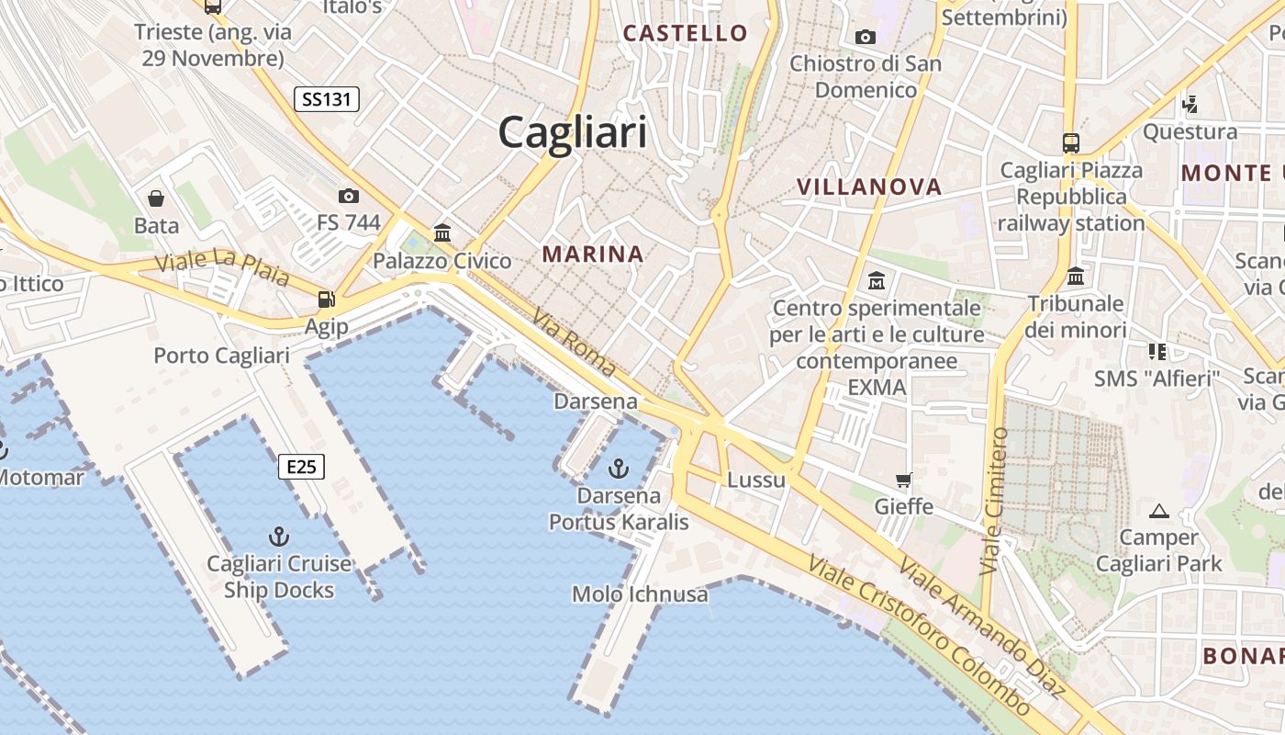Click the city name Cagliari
(x=573, y=132)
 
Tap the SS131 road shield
(x=327, y=99)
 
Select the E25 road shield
(x=301, y=467)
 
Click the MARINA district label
(x=593, y=254)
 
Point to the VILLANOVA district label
(x=869, y=187)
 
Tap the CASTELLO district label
(x=686, y=33)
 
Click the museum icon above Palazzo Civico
(x=442, y=232)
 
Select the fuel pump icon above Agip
(x=326, y=299)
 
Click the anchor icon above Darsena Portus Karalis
(x=620, y=469)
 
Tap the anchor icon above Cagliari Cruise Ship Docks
(x=278, y=536)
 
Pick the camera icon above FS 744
(x=349, y=196)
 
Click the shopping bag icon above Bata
(x=156, y=198)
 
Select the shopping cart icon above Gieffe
(x=904, y=480)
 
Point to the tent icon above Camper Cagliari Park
(x=1159, y=511)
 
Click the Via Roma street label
(x=573, y=342)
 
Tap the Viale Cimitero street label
(x=994, y=501)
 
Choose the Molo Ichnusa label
(x=640, y=594)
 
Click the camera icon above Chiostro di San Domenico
(x=865, y=38)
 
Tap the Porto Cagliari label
(x=221, y=356)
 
